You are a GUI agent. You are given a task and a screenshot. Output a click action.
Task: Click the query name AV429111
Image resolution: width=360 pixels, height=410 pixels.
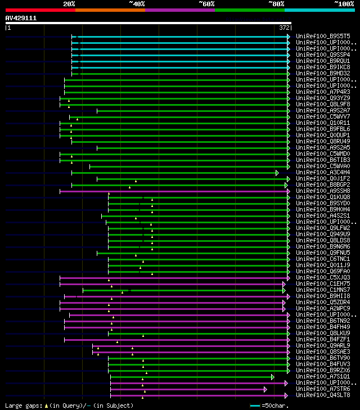click(21, 18)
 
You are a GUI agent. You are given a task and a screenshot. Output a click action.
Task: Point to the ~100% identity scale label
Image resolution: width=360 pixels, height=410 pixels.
click(344, 3)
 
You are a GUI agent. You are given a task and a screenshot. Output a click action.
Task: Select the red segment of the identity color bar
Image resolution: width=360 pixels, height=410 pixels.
click(40, 10)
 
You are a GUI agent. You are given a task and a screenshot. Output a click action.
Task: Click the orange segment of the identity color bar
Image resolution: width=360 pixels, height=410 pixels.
click(110, 10)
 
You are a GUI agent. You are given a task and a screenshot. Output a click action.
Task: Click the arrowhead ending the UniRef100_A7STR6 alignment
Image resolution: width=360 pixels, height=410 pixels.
click(265, 389)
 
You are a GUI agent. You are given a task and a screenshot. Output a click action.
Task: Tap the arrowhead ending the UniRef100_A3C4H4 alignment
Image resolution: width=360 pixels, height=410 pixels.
click(277, 172)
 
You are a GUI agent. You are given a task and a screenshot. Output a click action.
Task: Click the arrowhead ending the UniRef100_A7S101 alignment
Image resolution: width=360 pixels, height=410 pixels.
click(273, 376)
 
